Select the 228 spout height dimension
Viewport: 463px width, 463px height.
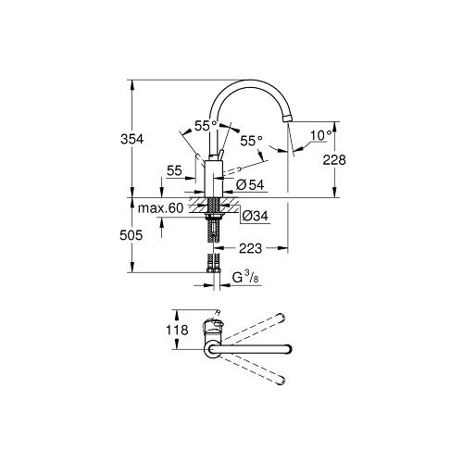(334, 160)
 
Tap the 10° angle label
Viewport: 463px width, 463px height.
(320, 135)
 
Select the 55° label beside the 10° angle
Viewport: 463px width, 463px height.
(252, 141)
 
